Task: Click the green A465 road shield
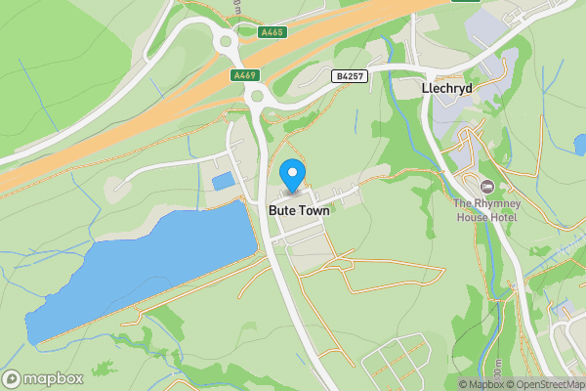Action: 273,32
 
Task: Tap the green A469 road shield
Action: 244,75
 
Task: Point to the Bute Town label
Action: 299,208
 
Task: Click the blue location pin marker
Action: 292,176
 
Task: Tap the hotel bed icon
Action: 485,186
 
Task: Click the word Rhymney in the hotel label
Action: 501,203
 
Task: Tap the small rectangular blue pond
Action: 224,181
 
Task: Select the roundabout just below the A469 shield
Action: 257,95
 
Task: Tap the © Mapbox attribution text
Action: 482,384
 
